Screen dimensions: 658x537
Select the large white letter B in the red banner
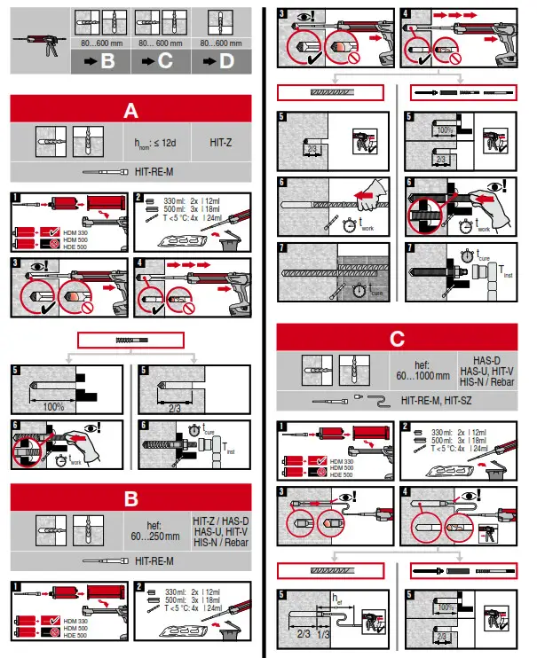(131, 497)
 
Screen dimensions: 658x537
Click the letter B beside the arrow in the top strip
(107, 61)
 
